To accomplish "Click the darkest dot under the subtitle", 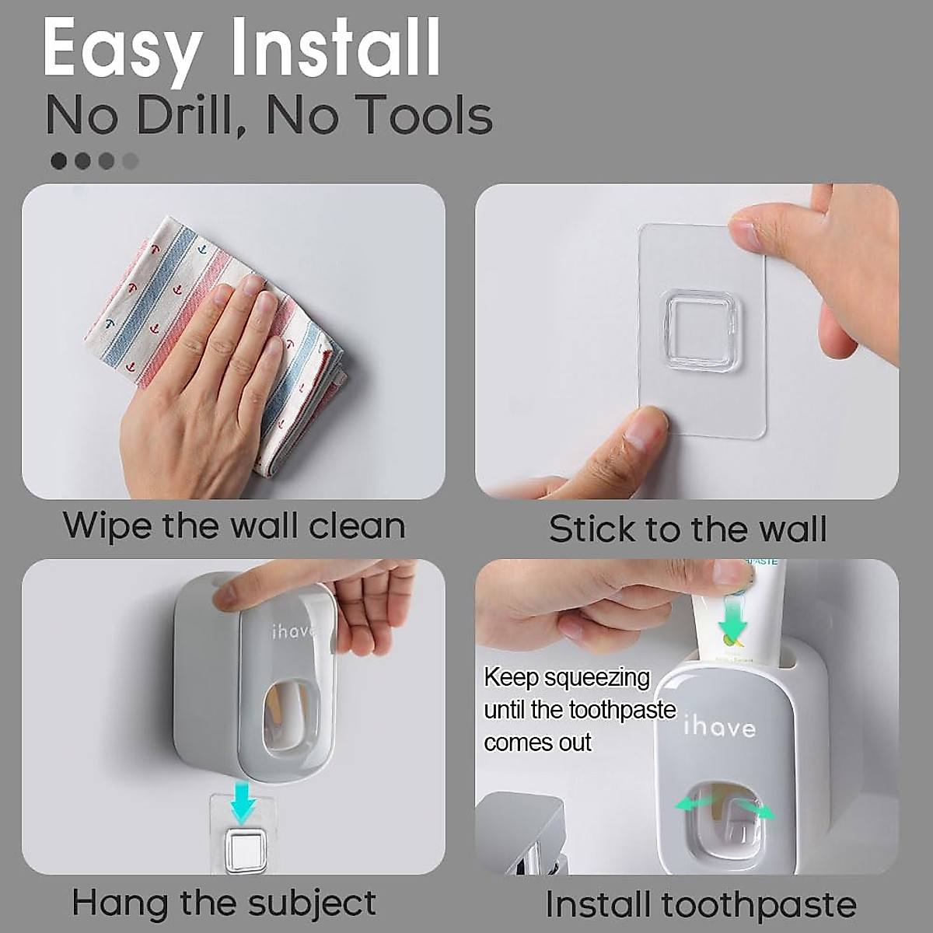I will coord(59,161).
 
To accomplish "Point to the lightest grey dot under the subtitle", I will coord(131,161).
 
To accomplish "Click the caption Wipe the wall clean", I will coord(234,526).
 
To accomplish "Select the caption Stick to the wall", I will coord(687,529).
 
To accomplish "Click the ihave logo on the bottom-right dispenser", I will coord(719,727).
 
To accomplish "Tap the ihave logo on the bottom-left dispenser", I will coord(295,631).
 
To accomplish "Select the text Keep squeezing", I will coord(566,677).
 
